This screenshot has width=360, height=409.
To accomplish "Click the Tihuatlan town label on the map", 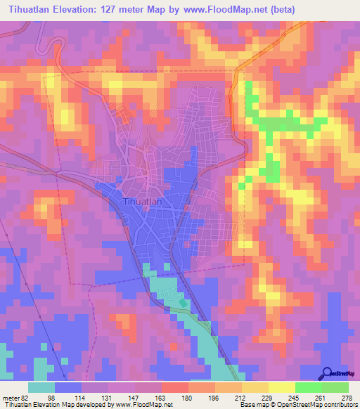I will [143, 201].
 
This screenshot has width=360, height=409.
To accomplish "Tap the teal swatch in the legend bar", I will [41, 387].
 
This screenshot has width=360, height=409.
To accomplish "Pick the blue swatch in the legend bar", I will [68, 387].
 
